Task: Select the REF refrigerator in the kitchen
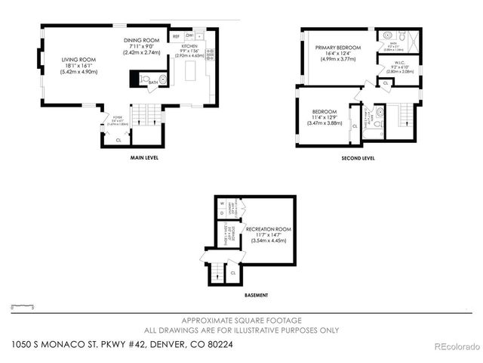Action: [x=176, y=36]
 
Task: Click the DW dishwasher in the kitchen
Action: [x=189, y=36]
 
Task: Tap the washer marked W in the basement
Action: [x=223, y=203]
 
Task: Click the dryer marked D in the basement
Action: [x=223, y=213]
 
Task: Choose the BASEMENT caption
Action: [x=254, y=295]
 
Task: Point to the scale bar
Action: [x=23, y=307]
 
